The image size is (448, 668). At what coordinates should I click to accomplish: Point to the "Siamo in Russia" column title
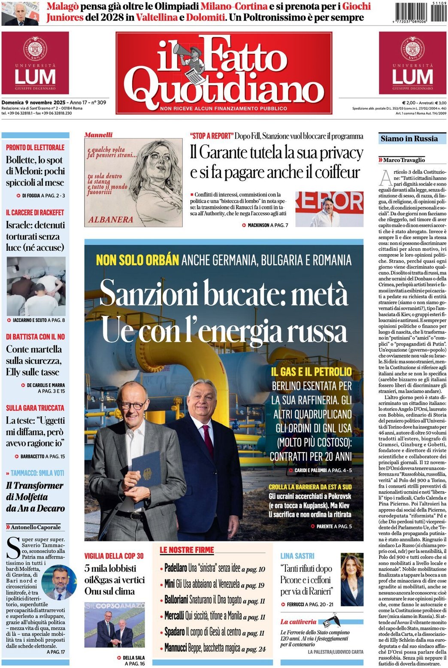point(409,139)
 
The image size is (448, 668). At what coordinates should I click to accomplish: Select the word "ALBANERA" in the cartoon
point(111,219)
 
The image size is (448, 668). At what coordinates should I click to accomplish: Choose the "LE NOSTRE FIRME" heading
point(187,550)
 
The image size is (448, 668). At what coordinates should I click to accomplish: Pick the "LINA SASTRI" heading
point(297,556)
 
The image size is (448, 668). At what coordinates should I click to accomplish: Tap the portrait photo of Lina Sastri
point(352,579)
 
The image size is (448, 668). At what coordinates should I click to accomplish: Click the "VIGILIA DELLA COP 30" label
point(114,556)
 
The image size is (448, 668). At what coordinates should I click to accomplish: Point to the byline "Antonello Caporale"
point(35,527)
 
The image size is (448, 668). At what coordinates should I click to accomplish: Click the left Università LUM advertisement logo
point(35,63)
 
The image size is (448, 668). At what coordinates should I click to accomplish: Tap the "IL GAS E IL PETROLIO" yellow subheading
point(311,372)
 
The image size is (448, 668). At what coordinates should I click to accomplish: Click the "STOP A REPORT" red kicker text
point(212,136)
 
